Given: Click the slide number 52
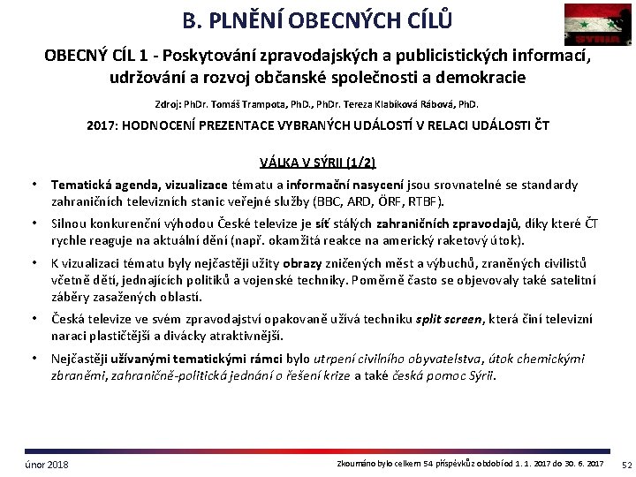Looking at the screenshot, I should click(626, 465).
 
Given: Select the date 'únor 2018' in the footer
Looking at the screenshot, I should click(46, 465).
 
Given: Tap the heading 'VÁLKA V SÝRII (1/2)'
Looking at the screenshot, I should click(317, 162).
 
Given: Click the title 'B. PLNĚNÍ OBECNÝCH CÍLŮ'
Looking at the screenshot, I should click(317, 19).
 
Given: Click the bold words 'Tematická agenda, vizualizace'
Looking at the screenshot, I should click(139, 185).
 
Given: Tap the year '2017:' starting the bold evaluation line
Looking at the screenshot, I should click(102, 125).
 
